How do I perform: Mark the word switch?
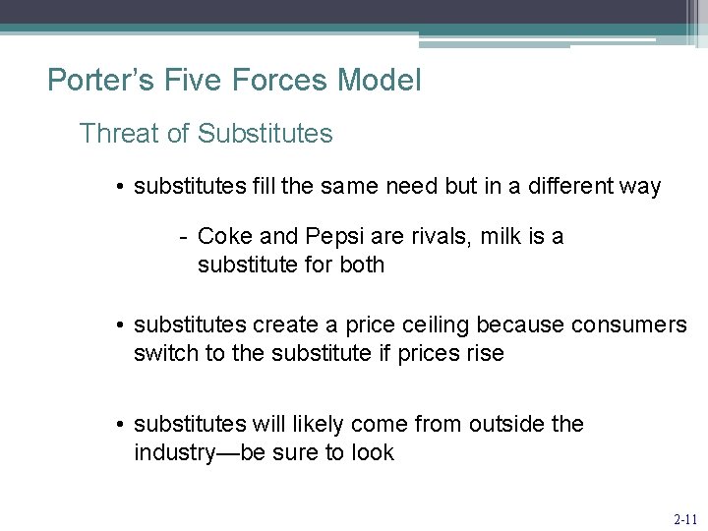coord(165,353)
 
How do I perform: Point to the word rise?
coord(482,353)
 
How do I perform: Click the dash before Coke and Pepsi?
coord(183,236)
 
